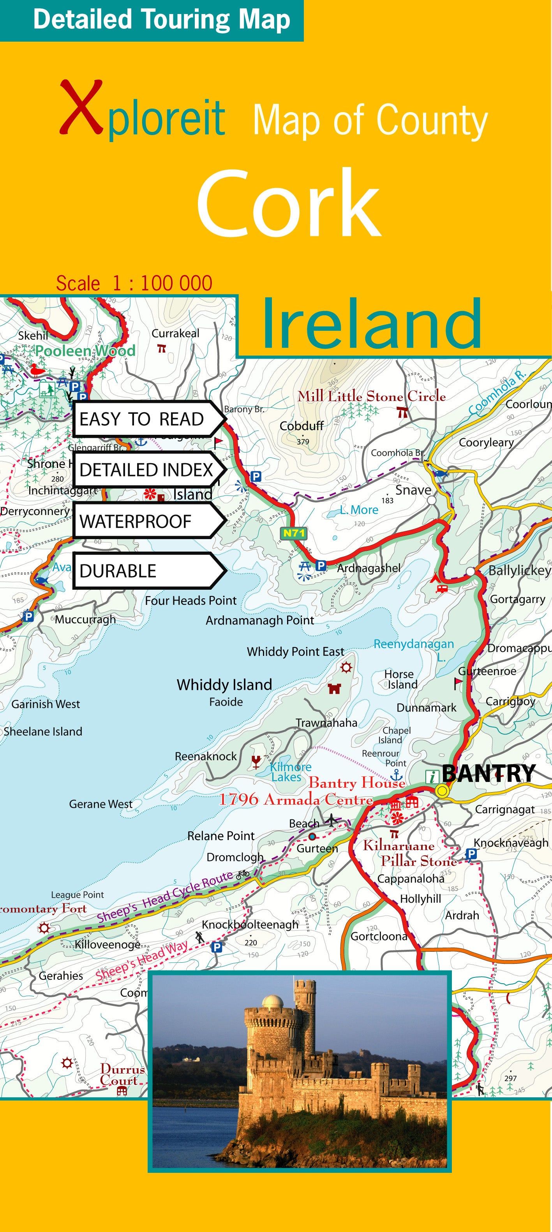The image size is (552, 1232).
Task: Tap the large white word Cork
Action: click(289, 203)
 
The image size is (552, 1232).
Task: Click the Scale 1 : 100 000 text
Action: click(134, 283)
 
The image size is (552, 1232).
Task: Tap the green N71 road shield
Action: click(293, 533)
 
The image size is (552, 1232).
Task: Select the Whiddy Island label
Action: click(224, 684)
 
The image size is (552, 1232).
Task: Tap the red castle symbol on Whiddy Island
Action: click(334, 688)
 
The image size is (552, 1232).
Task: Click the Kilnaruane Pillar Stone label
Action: click(407, 853)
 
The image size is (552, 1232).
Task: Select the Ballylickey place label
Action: click(519, 570)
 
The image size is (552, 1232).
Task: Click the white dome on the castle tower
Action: click(272, 1000)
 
